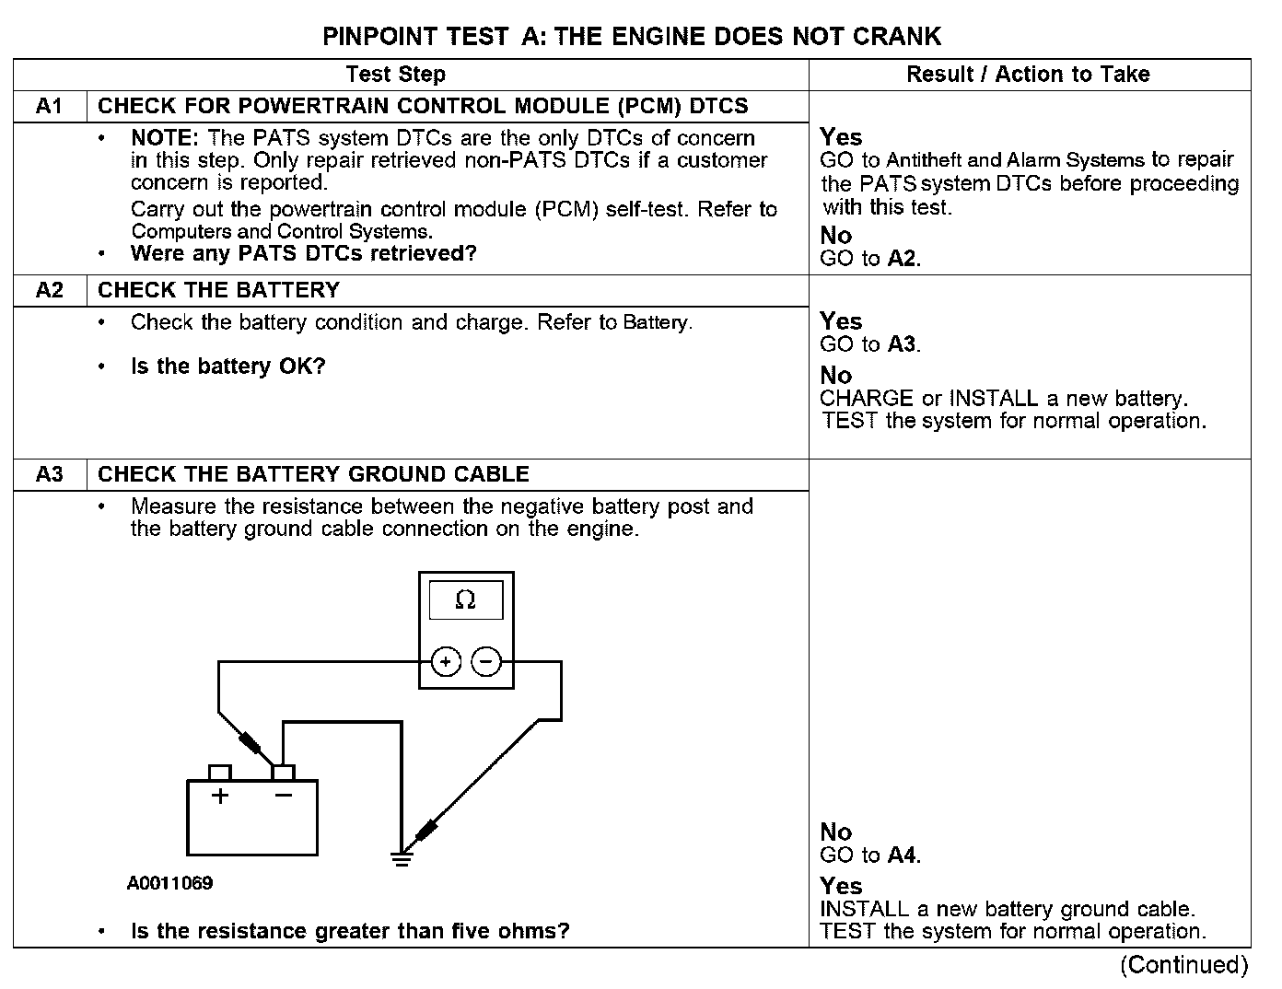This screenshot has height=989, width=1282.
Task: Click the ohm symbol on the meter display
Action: pyautogui.click(x=466, y=600)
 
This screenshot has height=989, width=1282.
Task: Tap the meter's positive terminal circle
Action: pyautogui.click(x=446, y=662)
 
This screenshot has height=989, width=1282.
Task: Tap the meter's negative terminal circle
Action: pyautogui.click(x=486, y=662)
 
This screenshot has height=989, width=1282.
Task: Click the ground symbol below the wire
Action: pyautogui.click(x=402, y=858)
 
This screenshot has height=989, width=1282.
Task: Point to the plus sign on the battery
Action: pyautogui.click(x=219, y=796)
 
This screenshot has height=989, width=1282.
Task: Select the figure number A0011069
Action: pyautogui.click(x=170, y=884)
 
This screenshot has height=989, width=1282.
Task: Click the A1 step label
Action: pyautogui.click(x=50, y=106)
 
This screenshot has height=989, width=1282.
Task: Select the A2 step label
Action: pyautogui.click(x=50, y=290)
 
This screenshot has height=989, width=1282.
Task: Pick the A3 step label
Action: pyautogui.click(x=50, y=474)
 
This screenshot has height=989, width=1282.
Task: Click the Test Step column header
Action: pyautogui.click(x=396, y=75)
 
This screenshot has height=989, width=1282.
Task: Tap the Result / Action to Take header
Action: pyautogui.click(x=1028, y=75)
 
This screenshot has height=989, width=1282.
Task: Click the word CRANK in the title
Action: pyautogui.click(x=896, y=37)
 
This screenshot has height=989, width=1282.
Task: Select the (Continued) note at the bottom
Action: pyautogui.click(x=1183, y=965)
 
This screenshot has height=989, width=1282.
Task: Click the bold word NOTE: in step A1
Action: pyautogui.click(x=165, y=138)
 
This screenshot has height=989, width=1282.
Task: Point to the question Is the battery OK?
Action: pyautogui.click(x=228, y=367)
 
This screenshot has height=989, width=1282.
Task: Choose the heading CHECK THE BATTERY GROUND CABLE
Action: pyautogui.click(x=313, y=474)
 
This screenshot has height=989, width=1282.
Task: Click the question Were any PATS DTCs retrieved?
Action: pyautogui.click(x=304, y=253)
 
